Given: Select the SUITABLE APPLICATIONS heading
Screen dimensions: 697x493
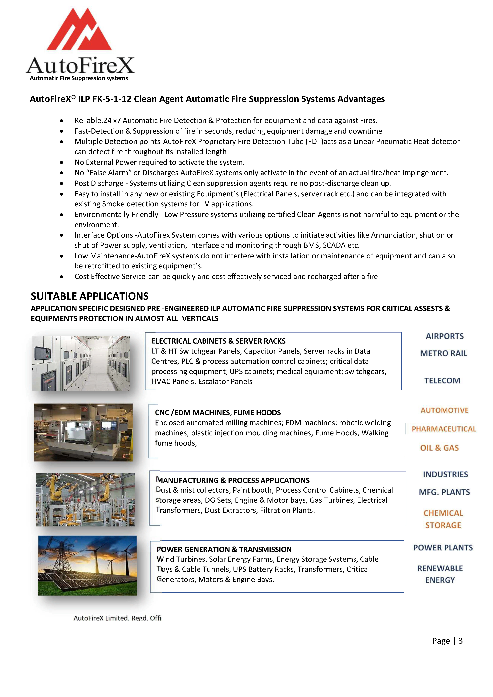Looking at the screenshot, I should coord(90,296).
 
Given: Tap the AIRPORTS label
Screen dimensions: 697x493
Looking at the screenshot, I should coord(445,336).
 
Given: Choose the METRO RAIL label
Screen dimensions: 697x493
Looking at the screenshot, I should coord(444,353).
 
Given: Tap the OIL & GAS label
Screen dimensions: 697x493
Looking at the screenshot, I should coord(439,448).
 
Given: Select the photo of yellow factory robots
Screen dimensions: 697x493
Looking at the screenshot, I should coord(85,499).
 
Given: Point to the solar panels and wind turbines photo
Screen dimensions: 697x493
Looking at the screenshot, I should coord(87,565).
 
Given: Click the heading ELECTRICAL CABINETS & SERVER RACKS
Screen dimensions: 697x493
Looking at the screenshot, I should coord(218,341).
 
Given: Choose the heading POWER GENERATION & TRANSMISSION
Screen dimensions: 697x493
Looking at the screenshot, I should coord(224,549).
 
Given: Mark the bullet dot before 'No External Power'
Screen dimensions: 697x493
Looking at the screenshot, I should coord(62,162).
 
